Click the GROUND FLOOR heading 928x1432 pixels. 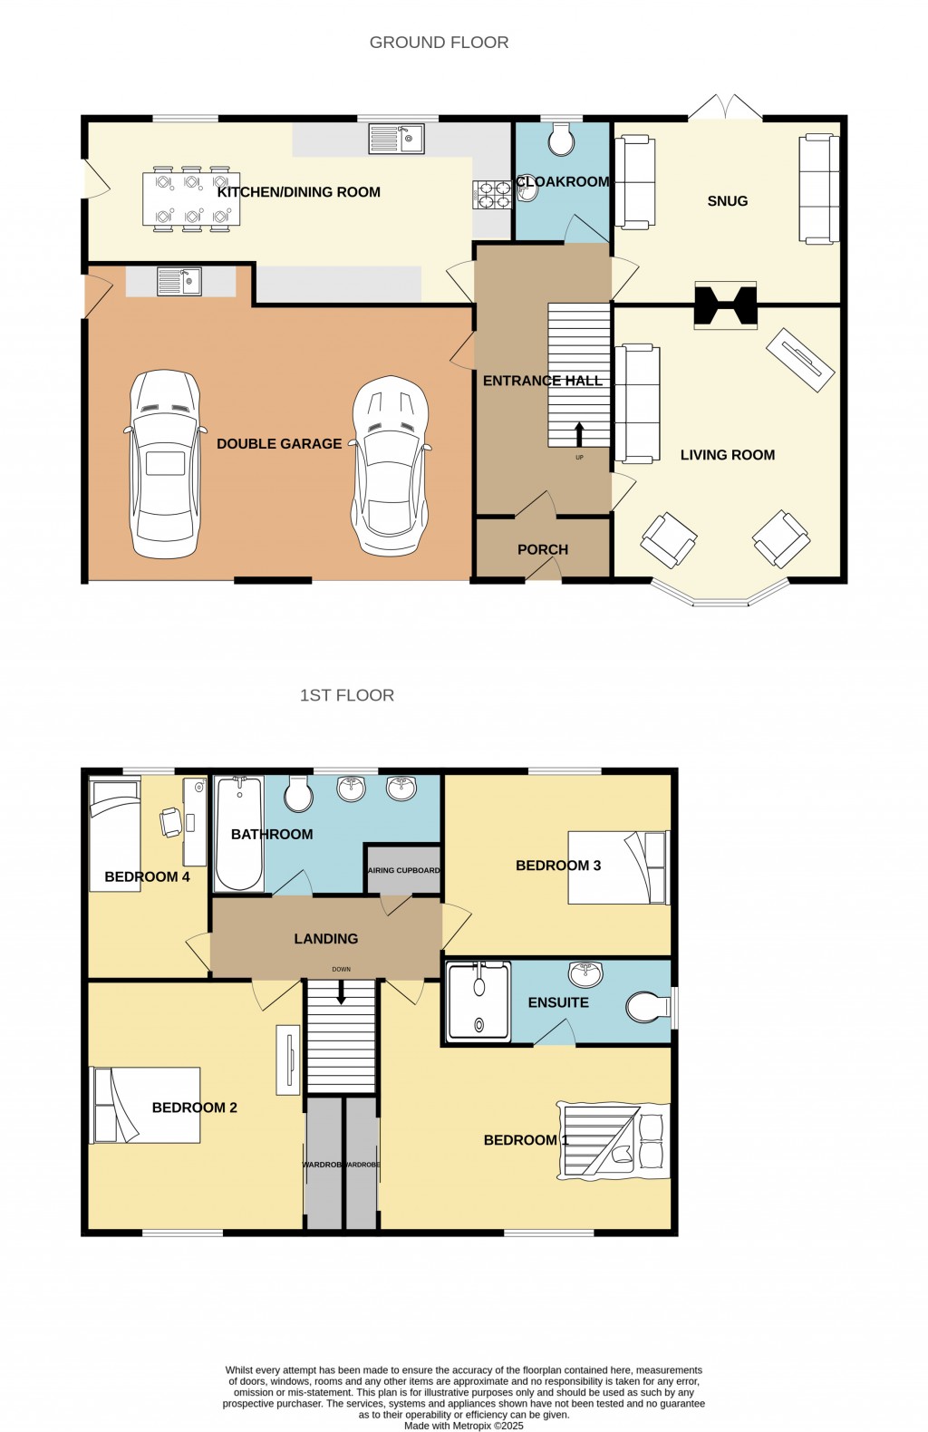coord(439,43)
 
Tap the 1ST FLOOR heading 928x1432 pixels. coord(346,695)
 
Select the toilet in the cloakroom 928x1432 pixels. coord(562,140)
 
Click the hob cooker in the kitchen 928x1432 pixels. coord(492,196)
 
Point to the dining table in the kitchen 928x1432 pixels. coord(191,199)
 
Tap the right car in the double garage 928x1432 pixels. coord(390,464)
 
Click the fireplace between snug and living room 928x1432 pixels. coord(724,305)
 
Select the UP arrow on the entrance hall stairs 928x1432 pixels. coord(579,433)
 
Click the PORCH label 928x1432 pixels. coord(542,549)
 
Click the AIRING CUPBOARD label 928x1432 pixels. coord(403,870)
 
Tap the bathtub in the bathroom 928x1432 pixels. coord(238,834)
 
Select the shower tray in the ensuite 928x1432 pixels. coord(478,1000)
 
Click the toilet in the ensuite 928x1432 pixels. coord(647,1006)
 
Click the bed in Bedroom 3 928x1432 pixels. coord(618,867)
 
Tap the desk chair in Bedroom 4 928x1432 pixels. coord(170,821)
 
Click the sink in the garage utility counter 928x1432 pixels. coord(179,282)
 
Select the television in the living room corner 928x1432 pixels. coord(799,359)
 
